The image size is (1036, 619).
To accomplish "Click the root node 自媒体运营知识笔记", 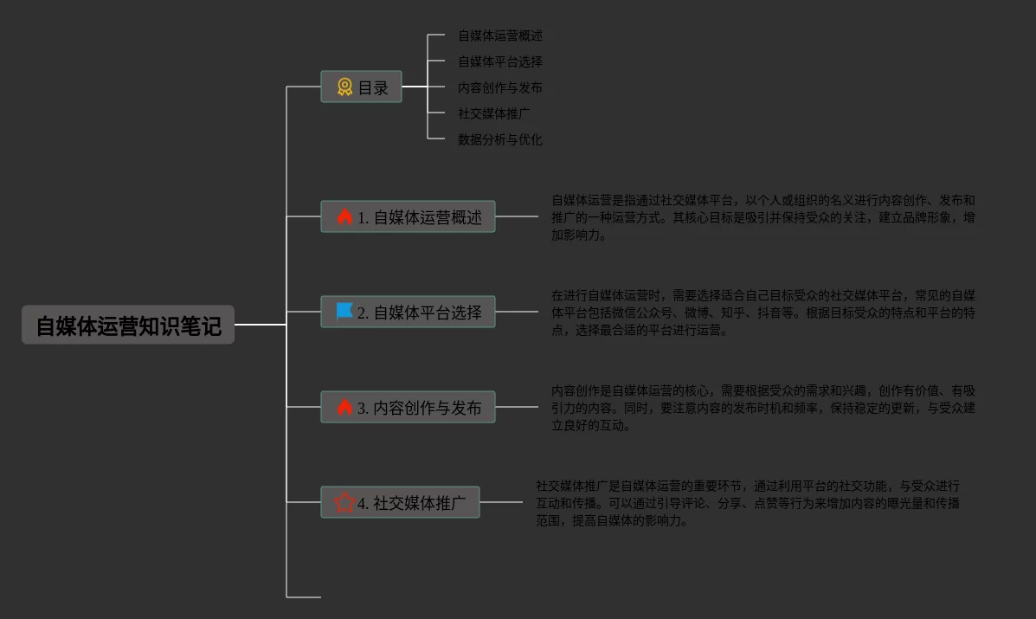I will point(128,326).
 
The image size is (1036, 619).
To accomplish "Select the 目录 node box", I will point(362,87).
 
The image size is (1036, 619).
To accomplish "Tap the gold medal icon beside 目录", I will point(344,87).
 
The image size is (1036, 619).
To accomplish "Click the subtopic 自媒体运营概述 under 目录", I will point(500,35).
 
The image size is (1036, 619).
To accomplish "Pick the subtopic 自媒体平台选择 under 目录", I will point(500,61).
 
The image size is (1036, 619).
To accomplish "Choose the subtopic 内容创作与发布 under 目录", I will point(500,87).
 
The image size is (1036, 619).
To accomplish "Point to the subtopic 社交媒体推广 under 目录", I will point(494,113).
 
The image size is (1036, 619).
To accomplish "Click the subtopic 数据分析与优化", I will point(500,139).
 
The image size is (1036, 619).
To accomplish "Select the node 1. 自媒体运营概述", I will point(408,216).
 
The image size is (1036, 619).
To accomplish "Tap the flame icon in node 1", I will point(344,216).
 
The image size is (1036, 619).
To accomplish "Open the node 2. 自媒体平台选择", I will point(408,312).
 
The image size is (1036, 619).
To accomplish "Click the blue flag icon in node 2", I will point(344,311).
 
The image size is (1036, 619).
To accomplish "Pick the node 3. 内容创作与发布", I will point(408,407).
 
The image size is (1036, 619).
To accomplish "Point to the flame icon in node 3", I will point(344,407).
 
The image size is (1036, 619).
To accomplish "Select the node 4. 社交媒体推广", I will point(400,502).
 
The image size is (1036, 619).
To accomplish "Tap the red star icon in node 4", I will point(344,502).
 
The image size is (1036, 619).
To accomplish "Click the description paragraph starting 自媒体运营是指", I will point(763,217).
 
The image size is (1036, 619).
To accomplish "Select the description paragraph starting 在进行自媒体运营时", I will point(763,313).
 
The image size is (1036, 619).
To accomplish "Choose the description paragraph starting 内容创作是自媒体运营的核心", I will point(763,408).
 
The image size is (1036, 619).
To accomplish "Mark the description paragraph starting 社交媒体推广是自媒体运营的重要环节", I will point(748,503).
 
